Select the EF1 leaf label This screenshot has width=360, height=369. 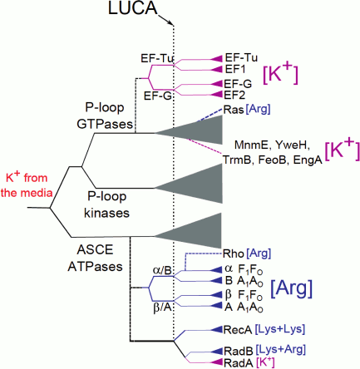click(237, 69)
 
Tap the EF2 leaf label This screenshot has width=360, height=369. click(237, 96)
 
